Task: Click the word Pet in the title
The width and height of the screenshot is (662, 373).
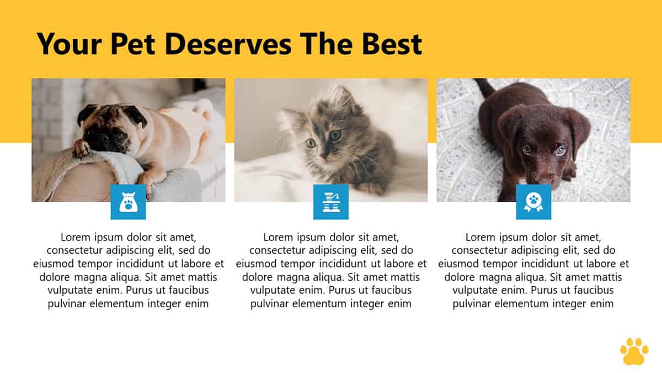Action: pos(133,44)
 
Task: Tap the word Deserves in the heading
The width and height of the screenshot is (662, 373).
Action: pos(228,44)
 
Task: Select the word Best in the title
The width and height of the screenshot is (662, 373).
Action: pos(392,44)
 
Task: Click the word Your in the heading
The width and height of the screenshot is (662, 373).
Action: pos(69,44)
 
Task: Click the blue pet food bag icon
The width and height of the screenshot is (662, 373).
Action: pos(128,202)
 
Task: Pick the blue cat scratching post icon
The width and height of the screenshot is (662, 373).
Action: pos(330,202)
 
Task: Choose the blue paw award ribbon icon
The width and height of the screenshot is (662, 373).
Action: pos(533,202)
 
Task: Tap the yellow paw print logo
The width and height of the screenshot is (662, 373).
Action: pos(634,351)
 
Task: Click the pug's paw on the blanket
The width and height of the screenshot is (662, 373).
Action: pos(81,148)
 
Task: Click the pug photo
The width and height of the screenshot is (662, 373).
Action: pos(128,140)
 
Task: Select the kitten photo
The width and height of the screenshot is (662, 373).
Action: pos(330,140)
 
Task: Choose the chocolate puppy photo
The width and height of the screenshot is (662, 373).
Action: pos(533,140)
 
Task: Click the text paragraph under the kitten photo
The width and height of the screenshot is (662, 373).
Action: pos(331,270)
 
